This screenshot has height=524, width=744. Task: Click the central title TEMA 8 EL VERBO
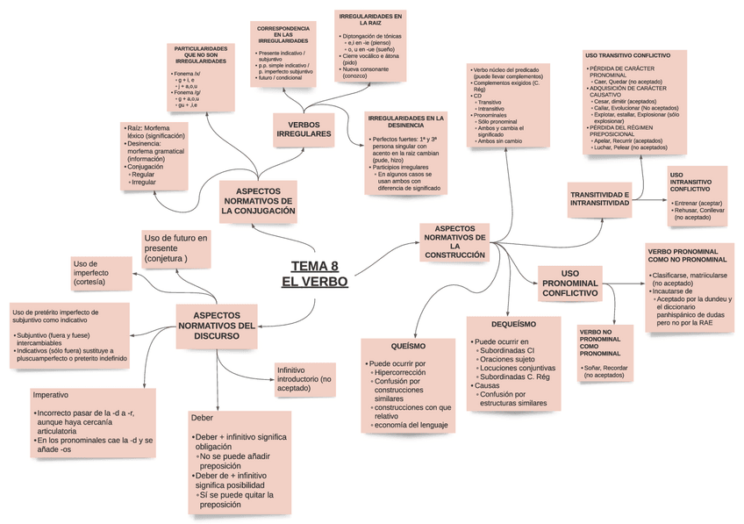(314, 274)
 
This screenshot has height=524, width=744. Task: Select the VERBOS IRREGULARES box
(304, 129)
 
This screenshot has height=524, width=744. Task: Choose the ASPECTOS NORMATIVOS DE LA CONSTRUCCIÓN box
(454, 240)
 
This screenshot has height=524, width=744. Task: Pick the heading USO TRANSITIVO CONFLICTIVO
(626, 55)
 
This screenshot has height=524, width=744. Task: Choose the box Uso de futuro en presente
(176, 248)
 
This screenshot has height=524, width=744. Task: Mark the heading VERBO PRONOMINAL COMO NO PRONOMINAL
(687, 255)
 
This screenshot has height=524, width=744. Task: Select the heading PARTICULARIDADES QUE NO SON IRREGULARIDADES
(201, 54)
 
